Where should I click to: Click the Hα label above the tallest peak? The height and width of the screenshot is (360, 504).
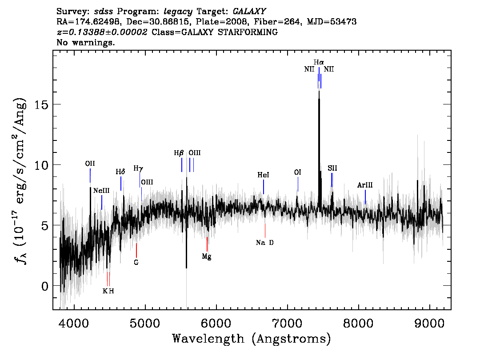(x=319, y=62)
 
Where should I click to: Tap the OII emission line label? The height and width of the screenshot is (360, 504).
(x=90, y=164)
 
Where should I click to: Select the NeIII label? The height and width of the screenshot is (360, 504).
(x=101, y=191)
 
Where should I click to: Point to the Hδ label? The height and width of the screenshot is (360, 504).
(x=120, y=172)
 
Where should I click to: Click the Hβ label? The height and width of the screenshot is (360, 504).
(x=179, y=153)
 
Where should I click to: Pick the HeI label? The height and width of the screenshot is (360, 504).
(x=263, y=175)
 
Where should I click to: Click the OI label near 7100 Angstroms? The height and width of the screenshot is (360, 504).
(x=298, y=172)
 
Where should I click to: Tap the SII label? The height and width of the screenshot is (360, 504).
(x=332, y=168)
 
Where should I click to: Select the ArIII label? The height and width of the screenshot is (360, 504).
(x=365, y=185)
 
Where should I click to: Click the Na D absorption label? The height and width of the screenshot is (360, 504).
(x=265, y=243)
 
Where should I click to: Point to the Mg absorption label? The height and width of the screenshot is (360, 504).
(x=207, y=256)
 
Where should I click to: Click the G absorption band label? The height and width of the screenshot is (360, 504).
(x=136, y=262)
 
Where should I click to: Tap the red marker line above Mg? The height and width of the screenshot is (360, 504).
(x=207, y=244)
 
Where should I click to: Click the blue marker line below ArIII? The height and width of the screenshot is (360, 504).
(x=365, y=197)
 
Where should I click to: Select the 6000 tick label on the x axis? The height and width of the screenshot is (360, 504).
(x=216, y=324)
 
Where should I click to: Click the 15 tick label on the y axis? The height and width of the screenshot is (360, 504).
(x=41, y=104)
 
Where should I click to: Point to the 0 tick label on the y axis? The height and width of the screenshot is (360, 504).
(x=45, y=286)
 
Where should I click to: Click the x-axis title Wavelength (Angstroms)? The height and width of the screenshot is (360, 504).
(x=252, y=339)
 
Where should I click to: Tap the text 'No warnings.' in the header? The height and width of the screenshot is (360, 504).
(x=85, y=42)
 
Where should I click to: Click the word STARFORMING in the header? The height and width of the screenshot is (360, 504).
(x=248, y=32)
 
